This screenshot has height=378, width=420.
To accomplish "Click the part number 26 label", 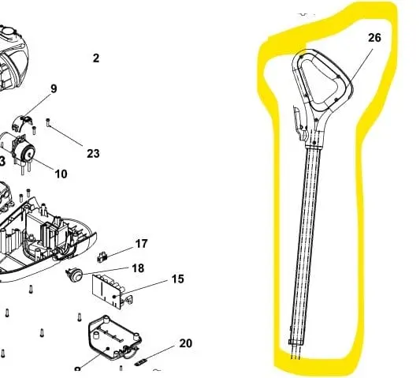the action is [374, 38].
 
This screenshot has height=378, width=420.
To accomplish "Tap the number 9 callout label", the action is [54, 89].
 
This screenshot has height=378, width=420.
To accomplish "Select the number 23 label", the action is [93, 154].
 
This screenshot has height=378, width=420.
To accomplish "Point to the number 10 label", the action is [61, 174].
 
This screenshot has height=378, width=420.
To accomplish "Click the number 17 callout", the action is [142, 244].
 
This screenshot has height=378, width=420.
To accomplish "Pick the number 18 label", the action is [138, 268].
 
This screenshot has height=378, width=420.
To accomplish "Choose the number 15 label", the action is [177, 279].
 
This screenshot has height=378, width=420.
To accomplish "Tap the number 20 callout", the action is [186, 343].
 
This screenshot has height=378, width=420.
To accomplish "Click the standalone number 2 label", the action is [96, 58].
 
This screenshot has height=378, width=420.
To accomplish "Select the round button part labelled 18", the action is [75, 274].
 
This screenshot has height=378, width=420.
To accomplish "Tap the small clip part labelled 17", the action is [102, 257].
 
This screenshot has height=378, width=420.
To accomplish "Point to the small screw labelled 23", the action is [48, 123].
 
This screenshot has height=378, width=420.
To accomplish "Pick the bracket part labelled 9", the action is [22, 123].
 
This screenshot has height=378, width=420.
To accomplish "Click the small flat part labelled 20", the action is [141, 362].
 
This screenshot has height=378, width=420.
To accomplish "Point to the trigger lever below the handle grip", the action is [300, 123].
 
